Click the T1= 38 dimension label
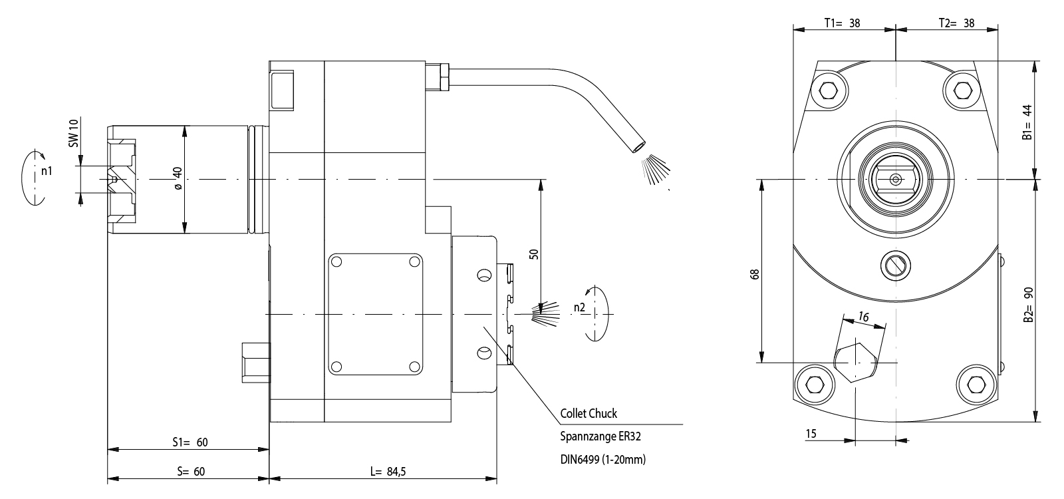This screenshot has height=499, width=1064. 843,23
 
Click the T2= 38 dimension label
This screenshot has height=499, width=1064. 956,23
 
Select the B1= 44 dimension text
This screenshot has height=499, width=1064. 1027,122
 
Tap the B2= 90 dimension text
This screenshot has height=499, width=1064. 1027,305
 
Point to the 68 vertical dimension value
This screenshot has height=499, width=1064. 753,275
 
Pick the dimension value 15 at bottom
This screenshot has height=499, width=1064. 811,434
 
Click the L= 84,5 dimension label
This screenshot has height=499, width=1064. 388,472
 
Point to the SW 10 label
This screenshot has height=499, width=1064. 74,132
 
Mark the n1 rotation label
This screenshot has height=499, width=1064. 47,171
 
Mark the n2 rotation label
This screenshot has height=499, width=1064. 579,307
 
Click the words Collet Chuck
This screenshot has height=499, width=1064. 589,414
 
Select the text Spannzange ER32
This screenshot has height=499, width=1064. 600,437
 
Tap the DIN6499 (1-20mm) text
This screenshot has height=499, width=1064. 603,459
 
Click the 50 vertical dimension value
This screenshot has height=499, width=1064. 533,253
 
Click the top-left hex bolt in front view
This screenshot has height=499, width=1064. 829,90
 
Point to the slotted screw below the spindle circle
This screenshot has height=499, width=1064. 895,265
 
